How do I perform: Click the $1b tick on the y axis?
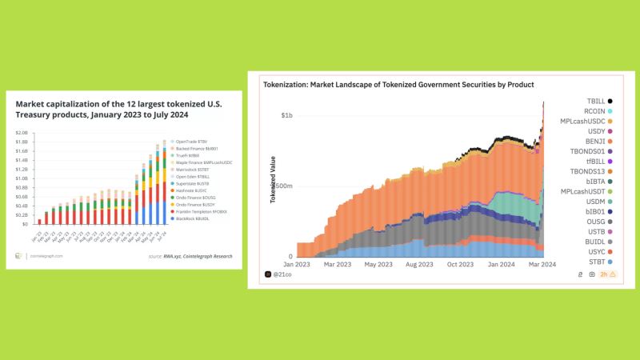tap(286, 116)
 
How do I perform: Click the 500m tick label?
tap(283, 186)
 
